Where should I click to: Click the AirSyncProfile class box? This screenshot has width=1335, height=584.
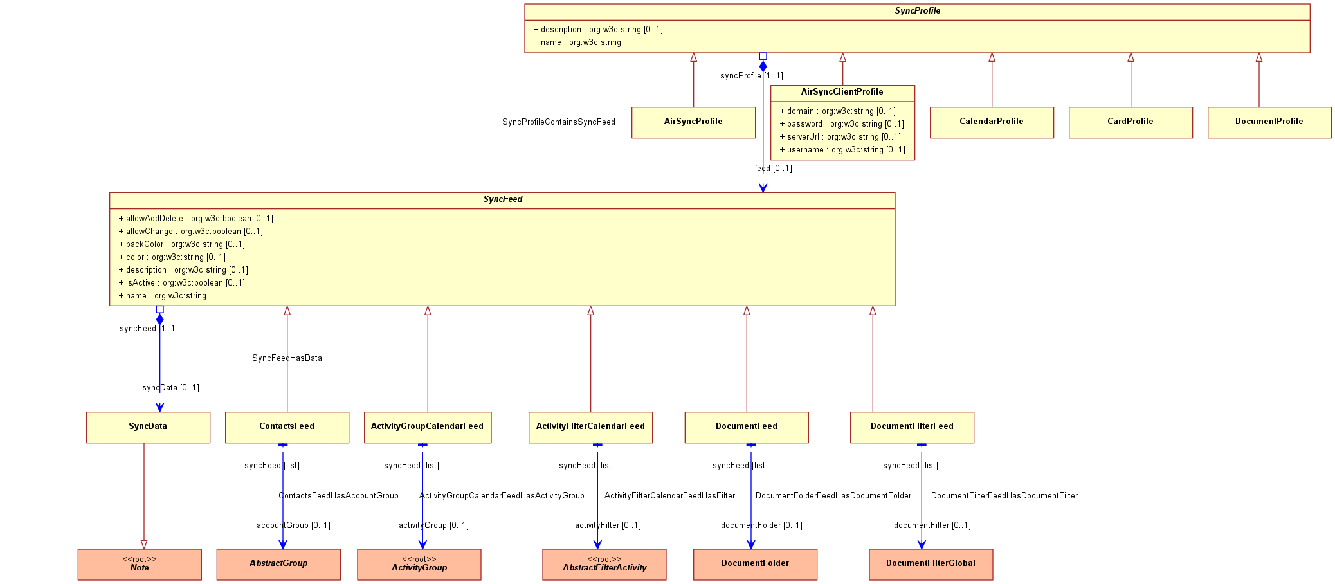[x=693, y=122]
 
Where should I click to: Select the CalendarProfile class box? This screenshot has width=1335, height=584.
[x=992, y=122]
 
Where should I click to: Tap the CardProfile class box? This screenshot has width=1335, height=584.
[x=1131, y=122]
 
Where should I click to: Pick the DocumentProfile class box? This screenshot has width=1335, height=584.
[x=1269, y=122]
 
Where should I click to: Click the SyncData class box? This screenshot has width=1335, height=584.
[x=148, y=427]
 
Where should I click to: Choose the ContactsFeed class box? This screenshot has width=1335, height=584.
[x=287, y=427]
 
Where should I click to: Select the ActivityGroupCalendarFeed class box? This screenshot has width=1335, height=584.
[x=428, y=427]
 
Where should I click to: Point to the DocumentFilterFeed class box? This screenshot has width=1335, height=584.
[x=912, y=427]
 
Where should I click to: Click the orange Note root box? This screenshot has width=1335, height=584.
[x=140, y=565]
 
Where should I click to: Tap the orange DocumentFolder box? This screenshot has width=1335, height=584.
[x=755, y=565]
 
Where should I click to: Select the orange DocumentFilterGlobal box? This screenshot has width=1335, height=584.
[x=931, y=565]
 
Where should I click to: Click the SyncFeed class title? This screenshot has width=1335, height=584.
[x=503, y=199]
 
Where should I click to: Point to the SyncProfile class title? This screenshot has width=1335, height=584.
[x=918, y=11]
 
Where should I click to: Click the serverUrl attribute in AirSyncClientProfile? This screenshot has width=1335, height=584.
[x=840, y=137]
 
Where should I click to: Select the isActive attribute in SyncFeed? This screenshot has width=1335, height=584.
[x=182, y=283]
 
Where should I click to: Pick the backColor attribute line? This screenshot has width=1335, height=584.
[x=182, y=244]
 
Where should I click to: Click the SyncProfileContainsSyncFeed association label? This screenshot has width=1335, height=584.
[x=559, y=122]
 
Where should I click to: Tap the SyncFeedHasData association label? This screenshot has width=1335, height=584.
[x=287, y=358]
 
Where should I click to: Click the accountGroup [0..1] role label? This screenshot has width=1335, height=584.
[x=293, y=525]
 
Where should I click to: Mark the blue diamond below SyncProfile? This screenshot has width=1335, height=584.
[x=763, y=66]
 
